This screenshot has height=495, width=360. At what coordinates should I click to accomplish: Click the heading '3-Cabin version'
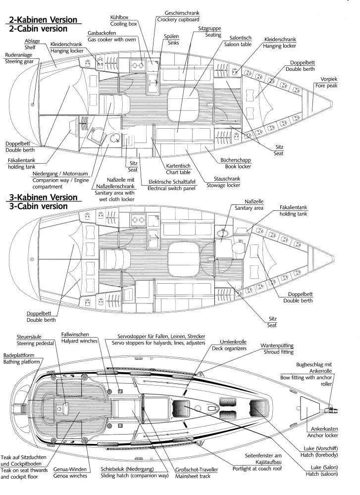[39, 206]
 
